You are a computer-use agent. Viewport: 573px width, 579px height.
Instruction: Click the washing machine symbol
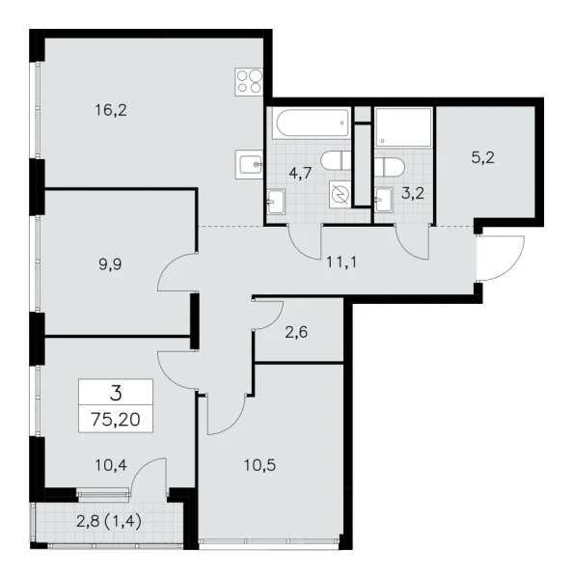(341, 194)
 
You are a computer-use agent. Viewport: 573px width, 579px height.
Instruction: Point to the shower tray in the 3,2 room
(404, 127)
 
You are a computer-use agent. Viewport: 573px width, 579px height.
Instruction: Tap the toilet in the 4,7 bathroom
(338, 160)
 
